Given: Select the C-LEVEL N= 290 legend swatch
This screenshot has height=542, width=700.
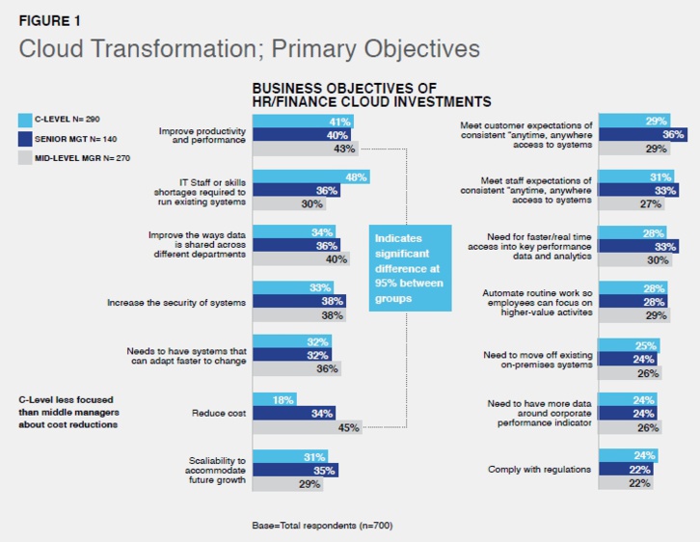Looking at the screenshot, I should pos(26,120).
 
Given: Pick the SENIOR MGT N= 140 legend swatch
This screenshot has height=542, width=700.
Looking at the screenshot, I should pos(26,138).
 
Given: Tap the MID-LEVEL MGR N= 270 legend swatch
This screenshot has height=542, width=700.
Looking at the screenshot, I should pos(26,156).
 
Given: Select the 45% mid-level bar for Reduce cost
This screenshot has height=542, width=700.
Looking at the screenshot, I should pos(306,427).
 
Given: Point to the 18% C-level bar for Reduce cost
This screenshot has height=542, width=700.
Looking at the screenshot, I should pos(274,400).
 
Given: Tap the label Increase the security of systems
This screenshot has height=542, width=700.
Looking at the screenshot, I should pos(175,303).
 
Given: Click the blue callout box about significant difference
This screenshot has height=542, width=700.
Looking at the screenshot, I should pos(410,265).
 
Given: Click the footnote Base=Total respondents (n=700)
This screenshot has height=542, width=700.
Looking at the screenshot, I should pos(321,525).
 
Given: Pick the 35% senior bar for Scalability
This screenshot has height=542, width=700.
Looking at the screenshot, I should pos(295,470).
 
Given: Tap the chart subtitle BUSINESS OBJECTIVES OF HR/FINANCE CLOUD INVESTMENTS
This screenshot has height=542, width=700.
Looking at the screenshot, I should pos(372,95).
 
